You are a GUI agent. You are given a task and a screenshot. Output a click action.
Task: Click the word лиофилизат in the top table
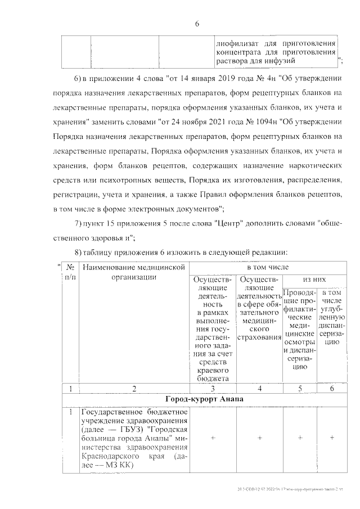click(235, 42)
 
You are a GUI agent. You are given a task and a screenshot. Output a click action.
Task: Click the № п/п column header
click(71, 272)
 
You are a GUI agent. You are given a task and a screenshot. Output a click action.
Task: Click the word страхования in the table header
click(259, 336)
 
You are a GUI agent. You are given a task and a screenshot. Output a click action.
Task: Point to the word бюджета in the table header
click(212, 379)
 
